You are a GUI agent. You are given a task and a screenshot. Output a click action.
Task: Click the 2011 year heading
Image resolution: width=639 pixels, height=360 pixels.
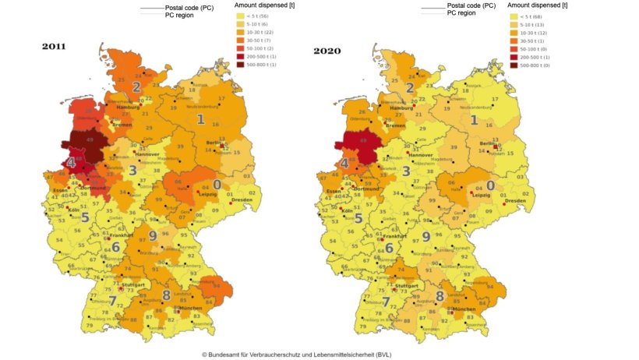coord(54,47)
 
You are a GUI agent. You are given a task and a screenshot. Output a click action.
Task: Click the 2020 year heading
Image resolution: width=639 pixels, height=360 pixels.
coord(327,51)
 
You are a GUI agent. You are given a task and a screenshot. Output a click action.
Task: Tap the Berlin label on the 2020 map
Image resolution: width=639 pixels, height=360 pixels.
coord(486,145)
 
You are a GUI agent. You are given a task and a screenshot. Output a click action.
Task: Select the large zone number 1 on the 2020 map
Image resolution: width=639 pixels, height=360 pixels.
coord(473,120)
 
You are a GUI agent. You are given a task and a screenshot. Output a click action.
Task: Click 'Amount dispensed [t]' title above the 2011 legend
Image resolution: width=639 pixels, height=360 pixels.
coord(266,5)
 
